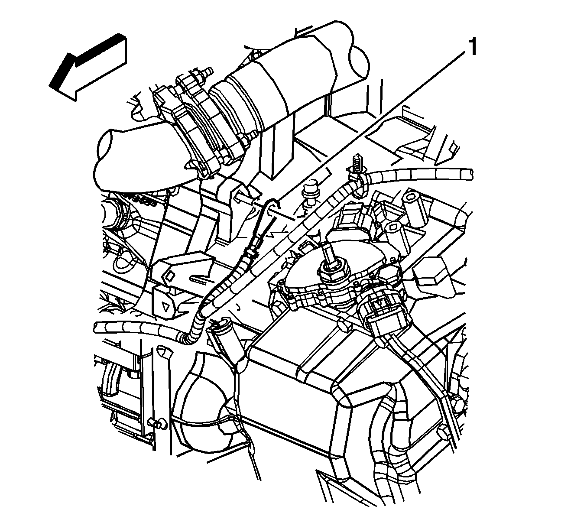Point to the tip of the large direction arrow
[x=50, y=85]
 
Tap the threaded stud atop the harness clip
[x=356, y=162]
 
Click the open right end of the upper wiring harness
[x=470, y=174]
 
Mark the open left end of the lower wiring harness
[x=96, y=327]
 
